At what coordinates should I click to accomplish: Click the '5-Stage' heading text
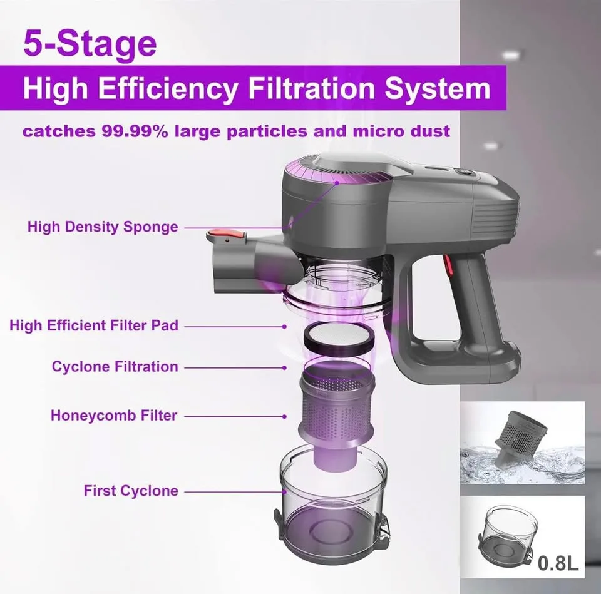click(x=90, y=44)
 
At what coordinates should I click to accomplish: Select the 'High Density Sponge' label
click(x=103, y=227)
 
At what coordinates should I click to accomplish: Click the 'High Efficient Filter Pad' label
click(x=94, y=325)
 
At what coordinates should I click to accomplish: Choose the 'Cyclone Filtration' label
click(x=115, y=367)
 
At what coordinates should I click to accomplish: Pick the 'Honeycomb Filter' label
click(x=114, y=415)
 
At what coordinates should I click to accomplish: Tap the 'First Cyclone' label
click(x=131, y=491)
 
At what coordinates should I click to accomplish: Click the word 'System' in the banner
click(x=437, y=88)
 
